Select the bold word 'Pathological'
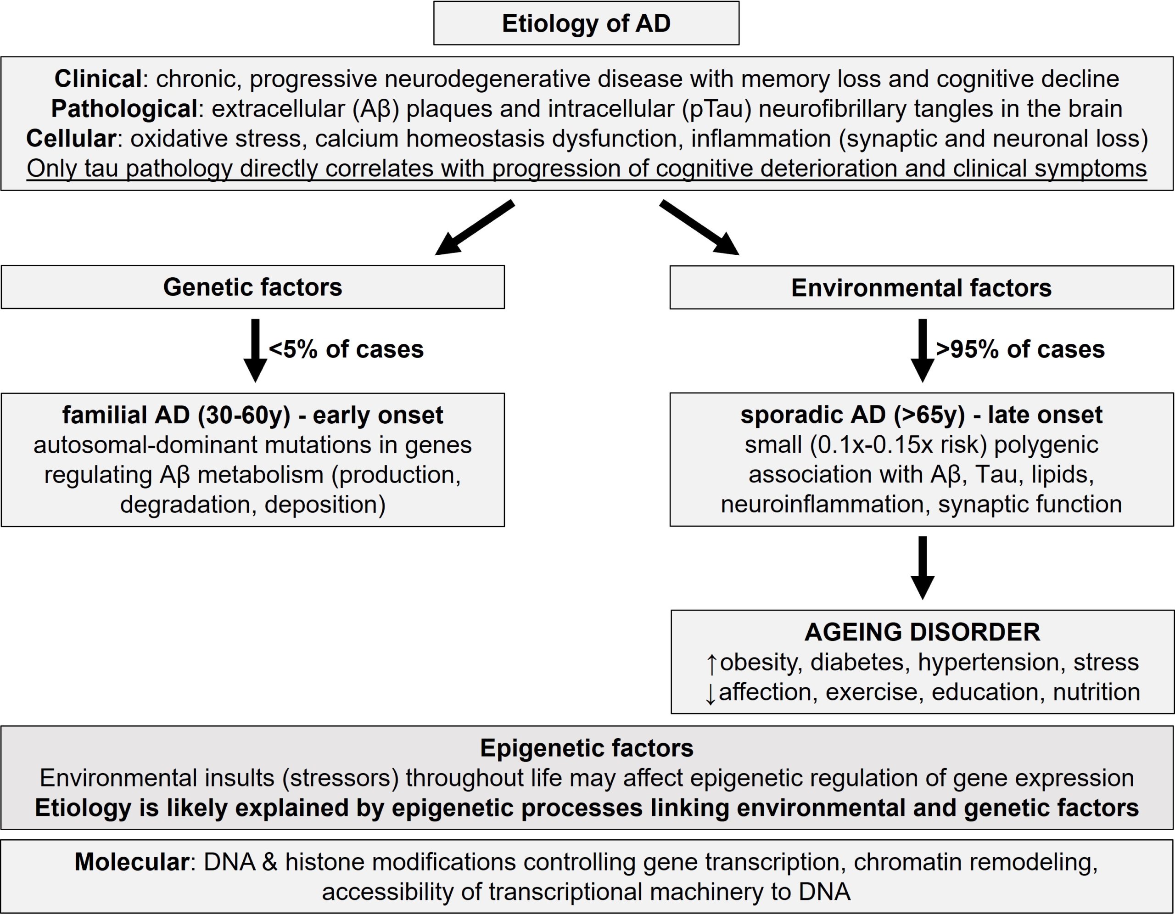coord(124,109)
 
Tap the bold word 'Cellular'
coord(71,139)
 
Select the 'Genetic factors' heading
coord(253,287)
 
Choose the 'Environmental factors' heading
coord(921,288)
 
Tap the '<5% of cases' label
coord(346,349)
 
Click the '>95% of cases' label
coord(1020,349)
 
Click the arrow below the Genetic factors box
coord(256,350)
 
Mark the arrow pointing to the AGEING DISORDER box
coord(923,568)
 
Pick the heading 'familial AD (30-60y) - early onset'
coord(253,415)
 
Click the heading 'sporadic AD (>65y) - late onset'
coord(921,415)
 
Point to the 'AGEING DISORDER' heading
coord(922,632)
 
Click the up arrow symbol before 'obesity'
coord(711,663)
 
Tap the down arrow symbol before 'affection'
coord(711,693)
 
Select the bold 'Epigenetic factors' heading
coord(587,748)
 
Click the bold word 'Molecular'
coord(132,862)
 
